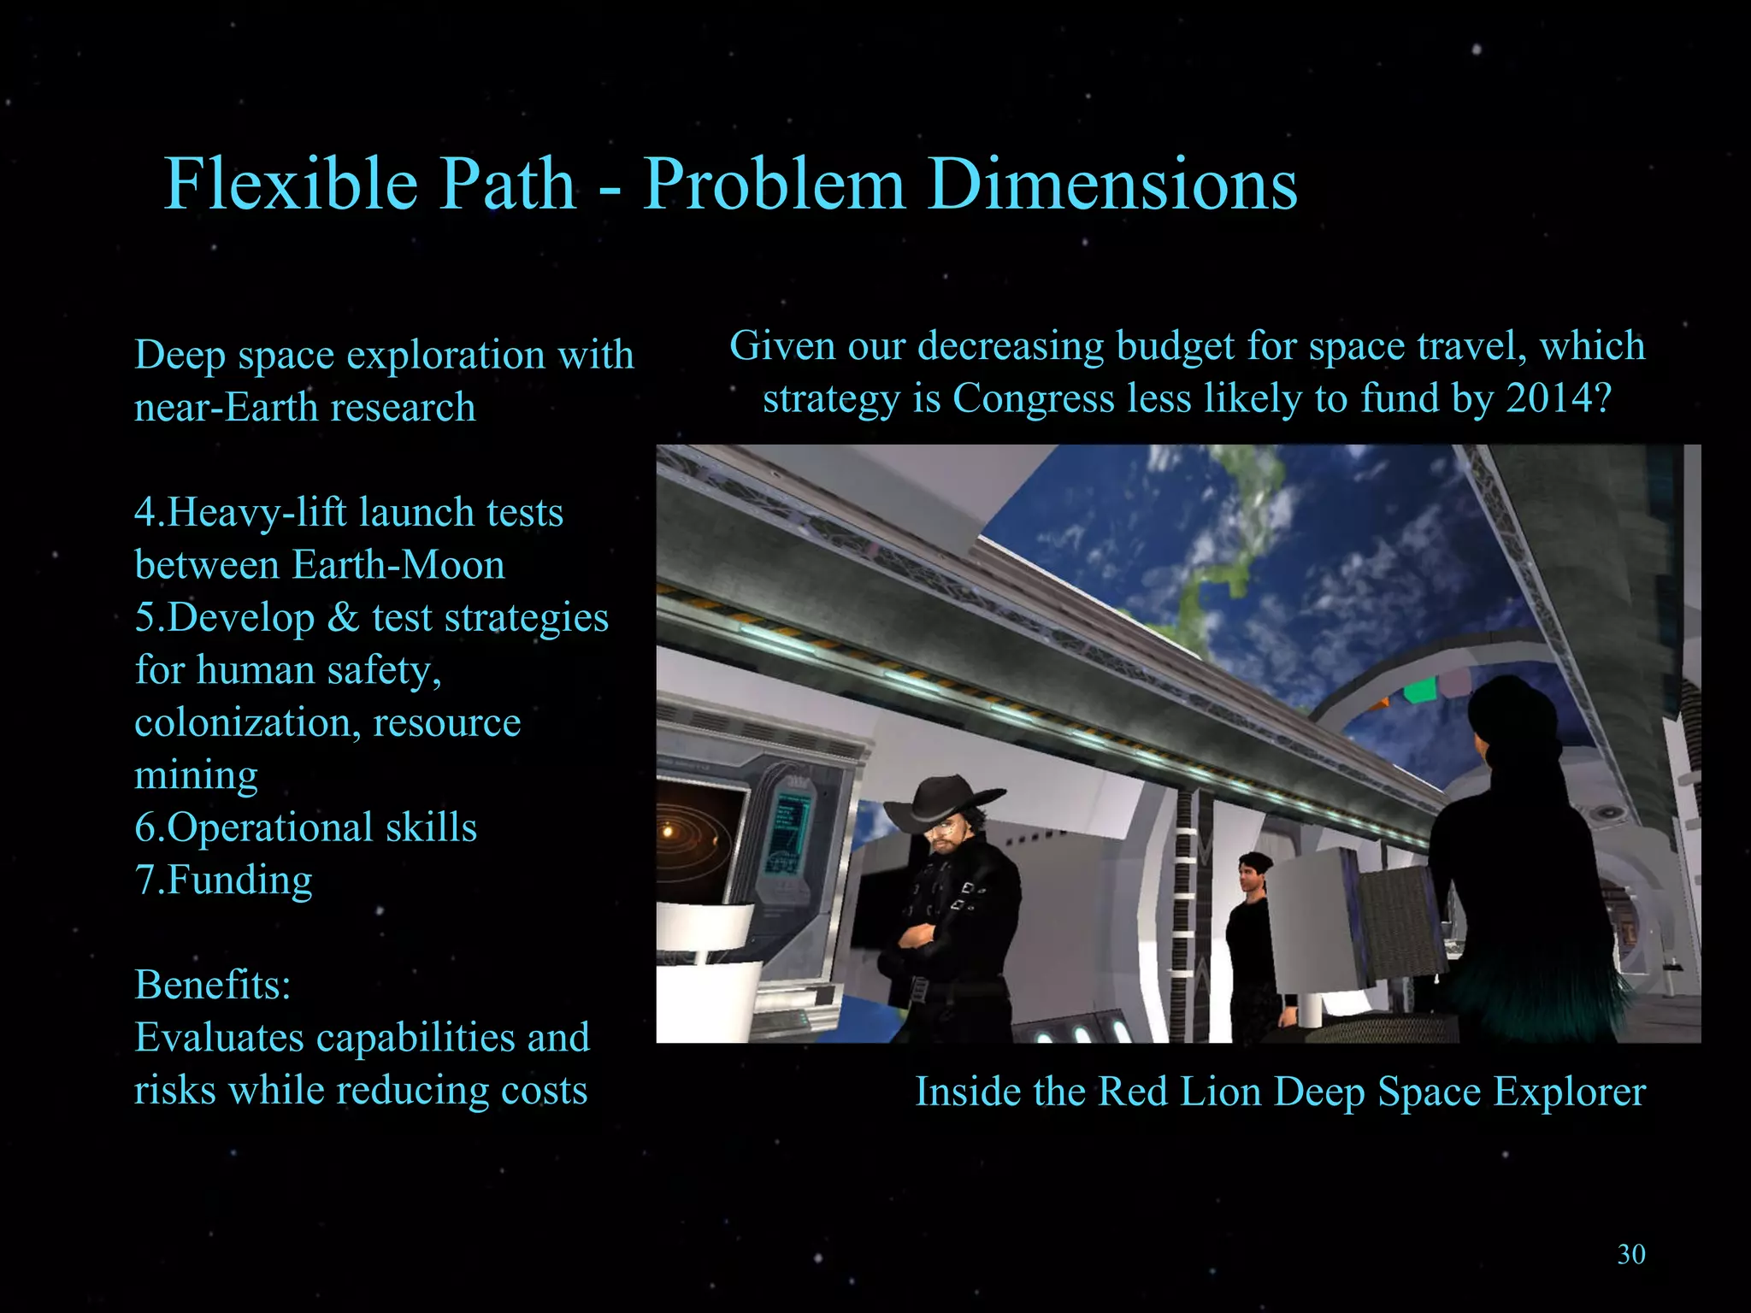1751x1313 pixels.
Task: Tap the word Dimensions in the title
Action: pos(1112,184)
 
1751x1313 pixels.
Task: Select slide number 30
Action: pos(1631,1254)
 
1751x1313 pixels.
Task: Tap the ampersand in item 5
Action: pos(343,617)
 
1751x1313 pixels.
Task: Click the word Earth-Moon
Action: pos(398,565)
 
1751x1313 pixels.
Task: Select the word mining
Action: pos(196,775)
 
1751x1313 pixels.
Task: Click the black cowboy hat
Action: pos(941,799)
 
